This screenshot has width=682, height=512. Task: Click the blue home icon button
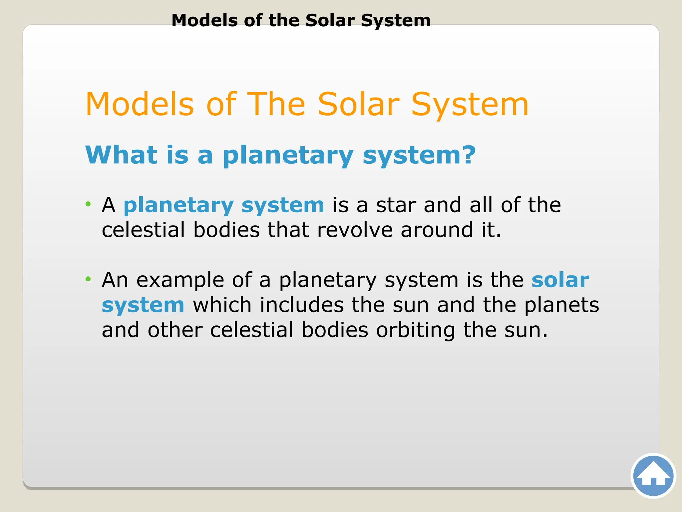pyautogui.click(x=653, y=476)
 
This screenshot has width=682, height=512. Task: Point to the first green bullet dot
pyautogui.click(x=88, y=204)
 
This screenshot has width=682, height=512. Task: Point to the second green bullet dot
pyautogui.click(x=88, y=279)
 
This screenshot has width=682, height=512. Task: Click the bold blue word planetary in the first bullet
pyautogui.click(x=178, y=205)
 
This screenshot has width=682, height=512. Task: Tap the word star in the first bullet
pyautogui.click(x=396, y=205)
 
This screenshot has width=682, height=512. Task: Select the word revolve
pyautogui.click(x=355, y=230)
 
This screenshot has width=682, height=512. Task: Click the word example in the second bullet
pyautogui.click(x=180, y=280)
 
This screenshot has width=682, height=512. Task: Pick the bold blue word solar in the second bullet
pyautogui.click(x=560, y=280)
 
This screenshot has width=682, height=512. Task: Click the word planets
pyautogui.click(x=561, y=306)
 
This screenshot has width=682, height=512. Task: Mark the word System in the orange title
pyautogui.click(x=470, y=105)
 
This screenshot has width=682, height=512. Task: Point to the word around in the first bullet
pyautogui.click(x=437, y=230)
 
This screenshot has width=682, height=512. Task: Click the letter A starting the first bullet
pyautogui.click(x=109, y=205)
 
